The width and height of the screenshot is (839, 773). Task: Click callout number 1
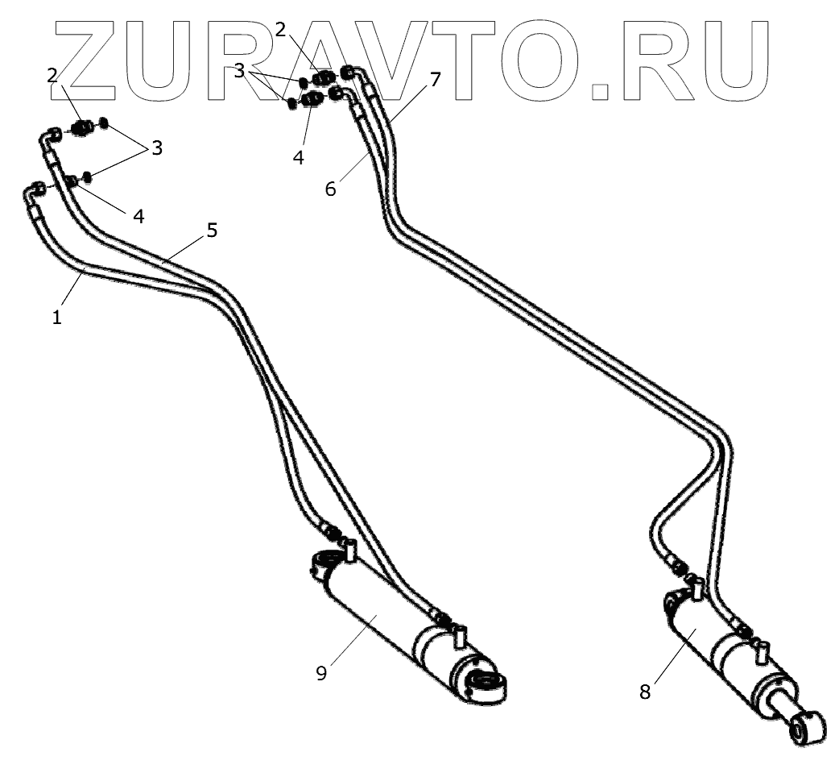pyautogui.click(x=57, y=317)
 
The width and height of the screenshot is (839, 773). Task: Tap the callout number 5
pyautogui.click(x=212, y=231)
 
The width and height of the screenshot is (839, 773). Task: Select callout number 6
pyautogui.click(x=331, y=189)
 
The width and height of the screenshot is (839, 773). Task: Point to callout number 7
pyautogui.click(x=435, y=79)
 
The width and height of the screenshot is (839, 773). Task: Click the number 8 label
pyautogui.click(x=645, y=692)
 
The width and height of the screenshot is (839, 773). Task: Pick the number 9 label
pyautogui.click(x=321, y=674)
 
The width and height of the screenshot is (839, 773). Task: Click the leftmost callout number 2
pyautogui.click(x=53, y=76)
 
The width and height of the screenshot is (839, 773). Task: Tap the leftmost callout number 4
pyautogui.click(x=138, y=216)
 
